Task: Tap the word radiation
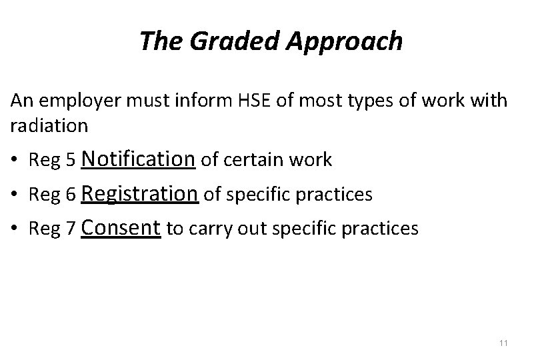coord(49,125)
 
